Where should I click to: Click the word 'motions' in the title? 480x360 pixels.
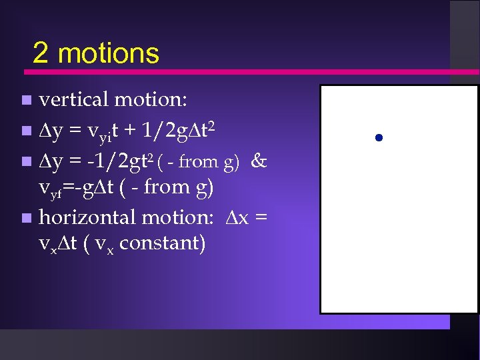[109, 53]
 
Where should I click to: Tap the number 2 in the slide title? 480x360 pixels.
[40, 53]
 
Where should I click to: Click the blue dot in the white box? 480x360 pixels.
[378, 138]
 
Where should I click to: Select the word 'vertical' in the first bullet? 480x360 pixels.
[74, 100]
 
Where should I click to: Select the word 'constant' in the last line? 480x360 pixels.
[164, 243]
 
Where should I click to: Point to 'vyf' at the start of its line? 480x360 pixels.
[51, 189]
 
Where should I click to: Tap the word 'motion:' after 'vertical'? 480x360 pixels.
[151, 100]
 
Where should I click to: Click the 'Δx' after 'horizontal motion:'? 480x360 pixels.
[236, 217]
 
